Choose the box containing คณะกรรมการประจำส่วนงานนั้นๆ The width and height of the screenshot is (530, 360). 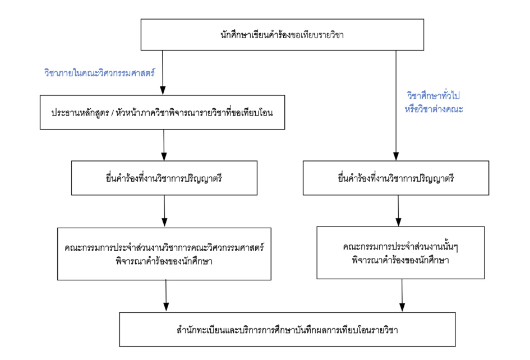(399, 253)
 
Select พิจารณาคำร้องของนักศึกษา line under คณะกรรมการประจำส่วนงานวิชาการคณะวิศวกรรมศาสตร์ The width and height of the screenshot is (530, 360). (165, 260)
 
